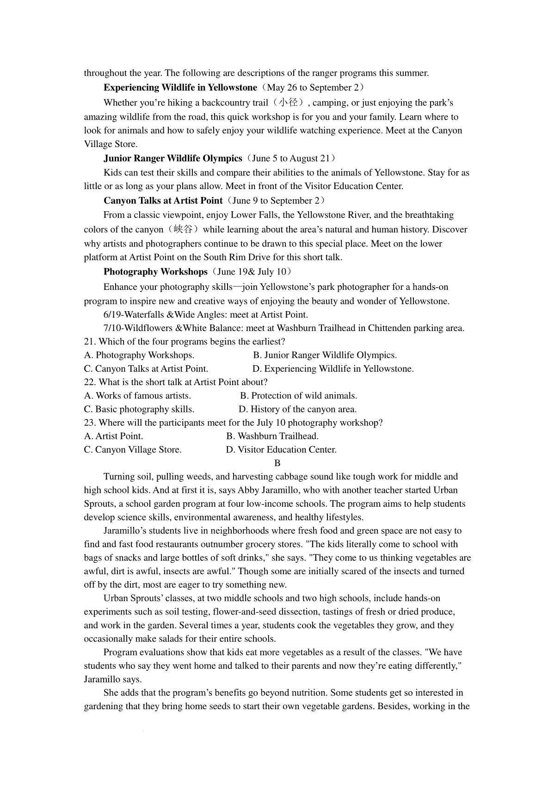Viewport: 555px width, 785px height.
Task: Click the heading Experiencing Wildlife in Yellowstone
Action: [x=180, y=87]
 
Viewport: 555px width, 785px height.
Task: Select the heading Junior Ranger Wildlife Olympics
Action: [x=173, y=158]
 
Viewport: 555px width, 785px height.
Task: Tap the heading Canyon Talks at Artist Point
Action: [x=163, y=201]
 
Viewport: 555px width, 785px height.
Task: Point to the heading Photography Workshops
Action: [x=155, y=272]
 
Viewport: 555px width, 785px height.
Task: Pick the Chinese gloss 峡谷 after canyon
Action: [x=183, y=229]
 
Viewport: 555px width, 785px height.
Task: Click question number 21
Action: [x=90, y=342]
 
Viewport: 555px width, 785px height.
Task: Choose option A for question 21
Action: [x=139, y=355]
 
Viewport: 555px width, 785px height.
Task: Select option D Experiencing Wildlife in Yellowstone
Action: [x=333, y=368]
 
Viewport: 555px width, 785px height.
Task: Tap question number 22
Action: [x=90, y=382]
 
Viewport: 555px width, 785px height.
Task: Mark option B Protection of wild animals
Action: [x=298, y=396]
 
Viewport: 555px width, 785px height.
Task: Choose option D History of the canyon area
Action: [x=297, y=409]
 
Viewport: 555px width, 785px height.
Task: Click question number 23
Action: [x=90, y=423]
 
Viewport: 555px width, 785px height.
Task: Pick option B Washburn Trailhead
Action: [x=272, y=436]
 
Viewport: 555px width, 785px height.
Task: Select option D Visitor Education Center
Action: [x=281, y=449]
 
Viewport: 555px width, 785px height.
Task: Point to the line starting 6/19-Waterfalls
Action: [x=205, y=315]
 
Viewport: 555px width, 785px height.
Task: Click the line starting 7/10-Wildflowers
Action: [x=284, y=328]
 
